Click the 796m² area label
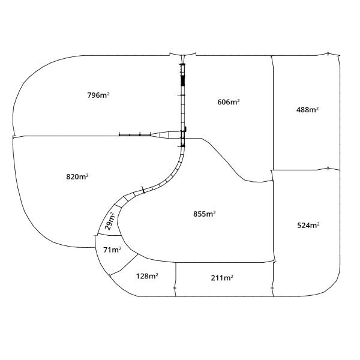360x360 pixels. tap(98, 95)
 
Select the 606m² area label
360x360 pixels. tap(229, 102)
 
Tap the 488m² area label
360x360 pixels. tap(307, 110)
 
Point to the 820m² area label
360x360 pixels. tap(77, 177)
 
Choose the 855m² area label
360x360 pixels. tap(205, 214)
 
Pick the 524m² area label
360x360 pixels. tap(308, 226)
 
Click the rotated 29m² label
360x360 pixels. tap(110, 221)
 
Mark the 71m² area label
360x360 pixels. tap(112, 250)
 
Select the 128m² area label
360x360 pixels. tap(147, 276)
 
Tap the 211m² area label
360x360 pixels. tap(222, 278)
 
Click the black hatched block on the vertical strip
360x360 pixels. tap(183, 80)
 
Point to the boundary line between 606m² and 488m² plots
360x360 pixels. tap(273, 113)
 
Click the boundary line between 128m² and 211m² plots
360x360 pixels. tap(176, 280)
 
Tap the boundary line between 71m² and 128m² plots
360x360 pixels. tap(124, 265)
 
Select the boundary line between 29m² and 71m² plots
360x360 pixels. tap(109, 235)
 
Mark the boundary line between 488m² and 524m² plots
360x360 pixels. tap(306, 170)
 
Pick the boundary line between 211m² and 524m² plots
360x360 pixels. tap(273, 279)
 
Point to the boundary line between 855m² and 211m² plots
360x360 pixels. tap(225, 262)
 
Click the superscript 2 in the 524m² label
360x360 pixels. tap(318, 223)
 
